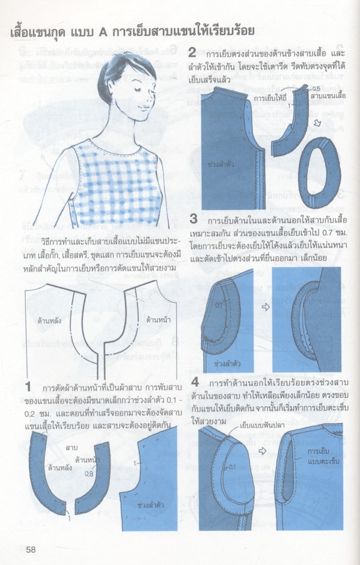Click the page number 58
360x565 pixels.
(31, 548)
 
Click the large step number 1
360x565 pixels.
(28, 385)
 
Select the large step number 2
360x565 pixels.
(192, 52)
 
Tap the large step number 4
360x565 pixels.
(195, 383)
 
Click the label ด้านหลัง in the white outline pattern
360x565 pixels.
(49, 321)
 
